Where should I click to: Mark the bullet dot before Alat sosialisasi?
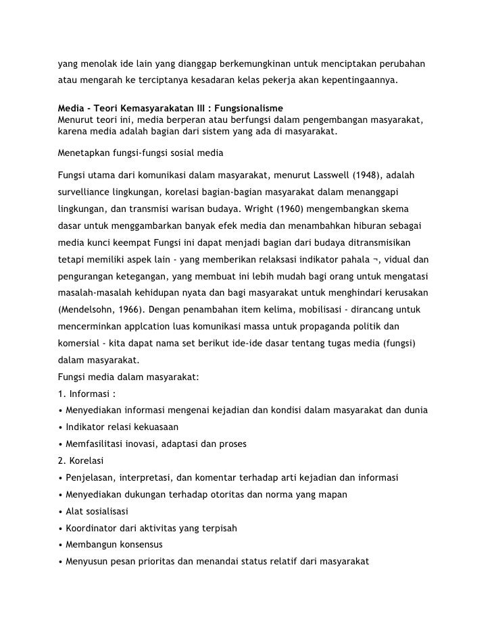pos(61,512)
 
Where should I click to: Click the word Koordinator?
pos(93,528)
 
